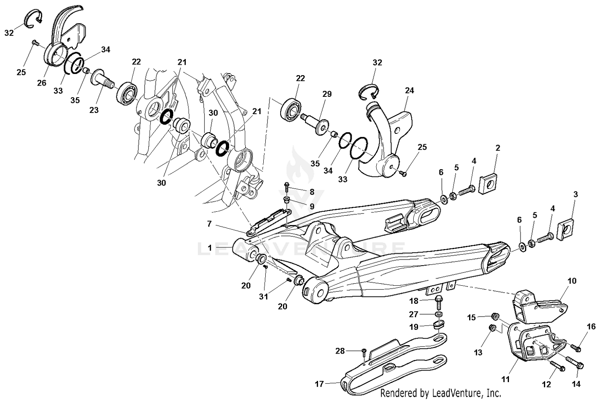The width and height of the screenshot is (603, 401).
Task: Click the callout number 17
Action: click(319, 385)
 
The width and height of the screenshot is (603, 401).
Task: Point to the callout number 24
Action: click(409, 91)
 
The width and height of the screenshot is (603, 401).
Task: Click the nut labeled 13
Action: click(491, 329)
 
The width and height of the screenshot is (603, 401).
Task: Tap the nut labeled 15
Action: click(496, 317)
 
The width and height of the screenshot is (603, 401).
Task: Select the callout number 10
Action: click(572, 281)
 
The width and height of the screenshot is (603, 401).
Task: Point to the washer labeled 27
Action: click(439, 313)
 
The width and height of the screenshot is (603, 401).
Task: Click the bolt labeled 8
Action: click(287, 187)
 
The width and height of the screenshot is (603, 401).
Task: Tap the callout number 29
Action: click(327, 94)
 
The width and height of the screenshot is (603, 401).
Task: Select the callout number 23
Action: click(94, 110)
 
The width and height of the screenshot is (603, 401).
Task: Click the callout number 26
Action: click(42, 83)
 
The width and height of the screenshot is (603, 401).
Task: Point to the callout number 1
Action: click(209, 248)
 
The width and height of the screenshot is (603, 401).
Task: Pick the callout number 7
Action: click(209, 224)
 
